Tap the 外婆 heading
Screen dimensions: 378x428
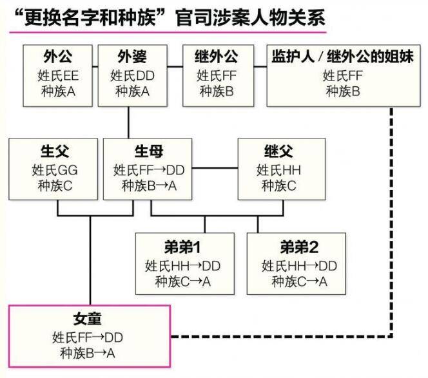click(x=132, y=57)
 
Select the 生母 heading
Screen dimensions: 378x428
click(x=149, y=153)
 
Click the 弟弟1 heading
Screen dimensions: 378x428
click(x=184, y=248)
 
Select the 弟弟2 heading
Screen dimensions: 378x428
click(x=300, y=248)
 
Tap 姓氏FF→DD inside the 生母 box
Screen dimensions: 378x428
click(x=149, y=171)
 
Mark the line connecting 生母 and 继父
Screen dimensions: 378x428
click(x=216, y=170)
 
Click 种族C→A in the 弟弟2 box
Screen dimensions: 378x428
click(x=300, y=281)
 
